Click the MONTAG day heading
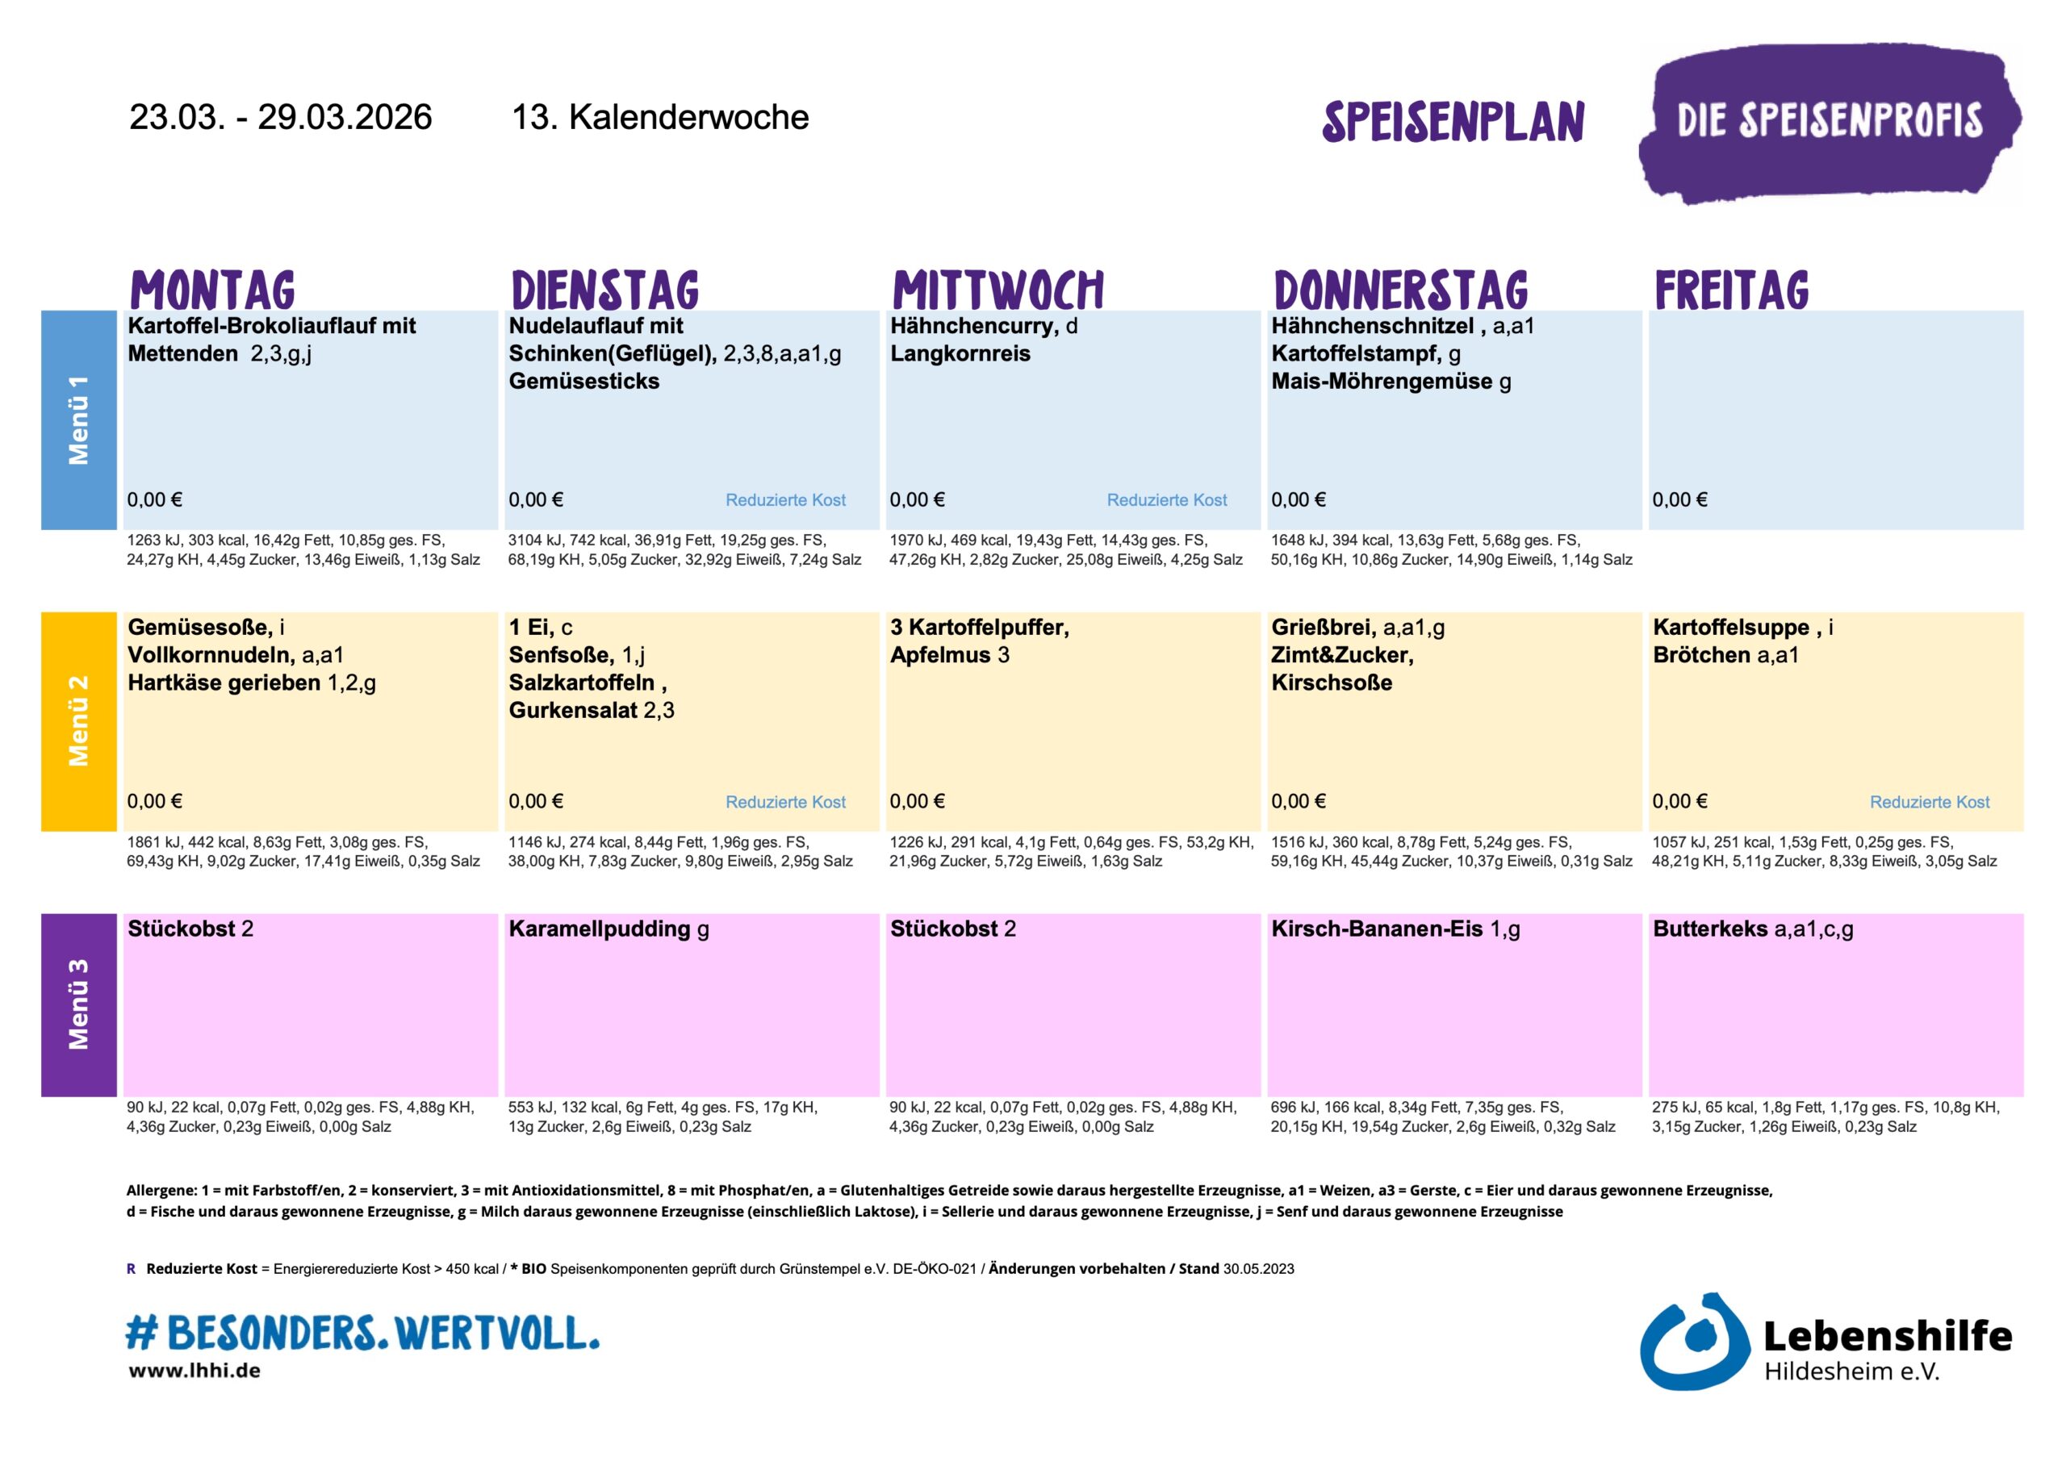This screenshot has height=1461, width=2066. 212,290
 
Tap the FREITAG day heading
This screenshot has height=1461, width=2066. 1731,290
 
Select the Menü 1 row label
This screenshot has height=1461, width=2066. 78,420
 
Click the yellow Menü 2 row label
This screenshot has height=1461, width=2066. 78,720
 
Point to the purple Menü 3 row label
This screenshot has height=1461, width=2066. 78,1004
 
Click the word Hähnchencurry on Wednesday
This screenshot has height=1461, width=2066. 972,327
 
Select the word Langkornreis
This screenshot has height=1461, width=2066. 960,353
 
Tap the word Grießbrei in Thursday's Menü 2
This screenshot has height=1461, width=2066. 1322,627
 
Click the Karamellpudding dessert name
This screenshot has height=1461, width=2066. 600,929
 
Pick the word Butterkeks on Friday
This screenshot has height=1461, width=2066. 1709,929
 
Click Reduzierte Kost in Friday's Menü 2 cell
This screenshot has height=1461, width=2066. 1930,802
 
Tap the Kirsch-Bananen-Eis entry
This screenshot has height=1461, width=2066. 1377,929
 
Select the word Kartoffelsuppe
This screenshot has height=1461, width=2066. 1730,627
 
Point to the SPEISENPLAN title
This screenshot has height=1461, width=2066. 1453,123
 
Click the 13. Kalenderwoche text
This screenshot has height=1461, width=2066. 659,117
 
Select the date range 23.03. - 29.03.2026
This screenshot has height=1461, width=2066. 281,117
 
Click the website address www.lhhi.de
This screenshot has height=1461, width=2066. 194,1371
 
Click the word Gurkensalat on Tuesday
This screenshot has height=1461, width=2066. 573,710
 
